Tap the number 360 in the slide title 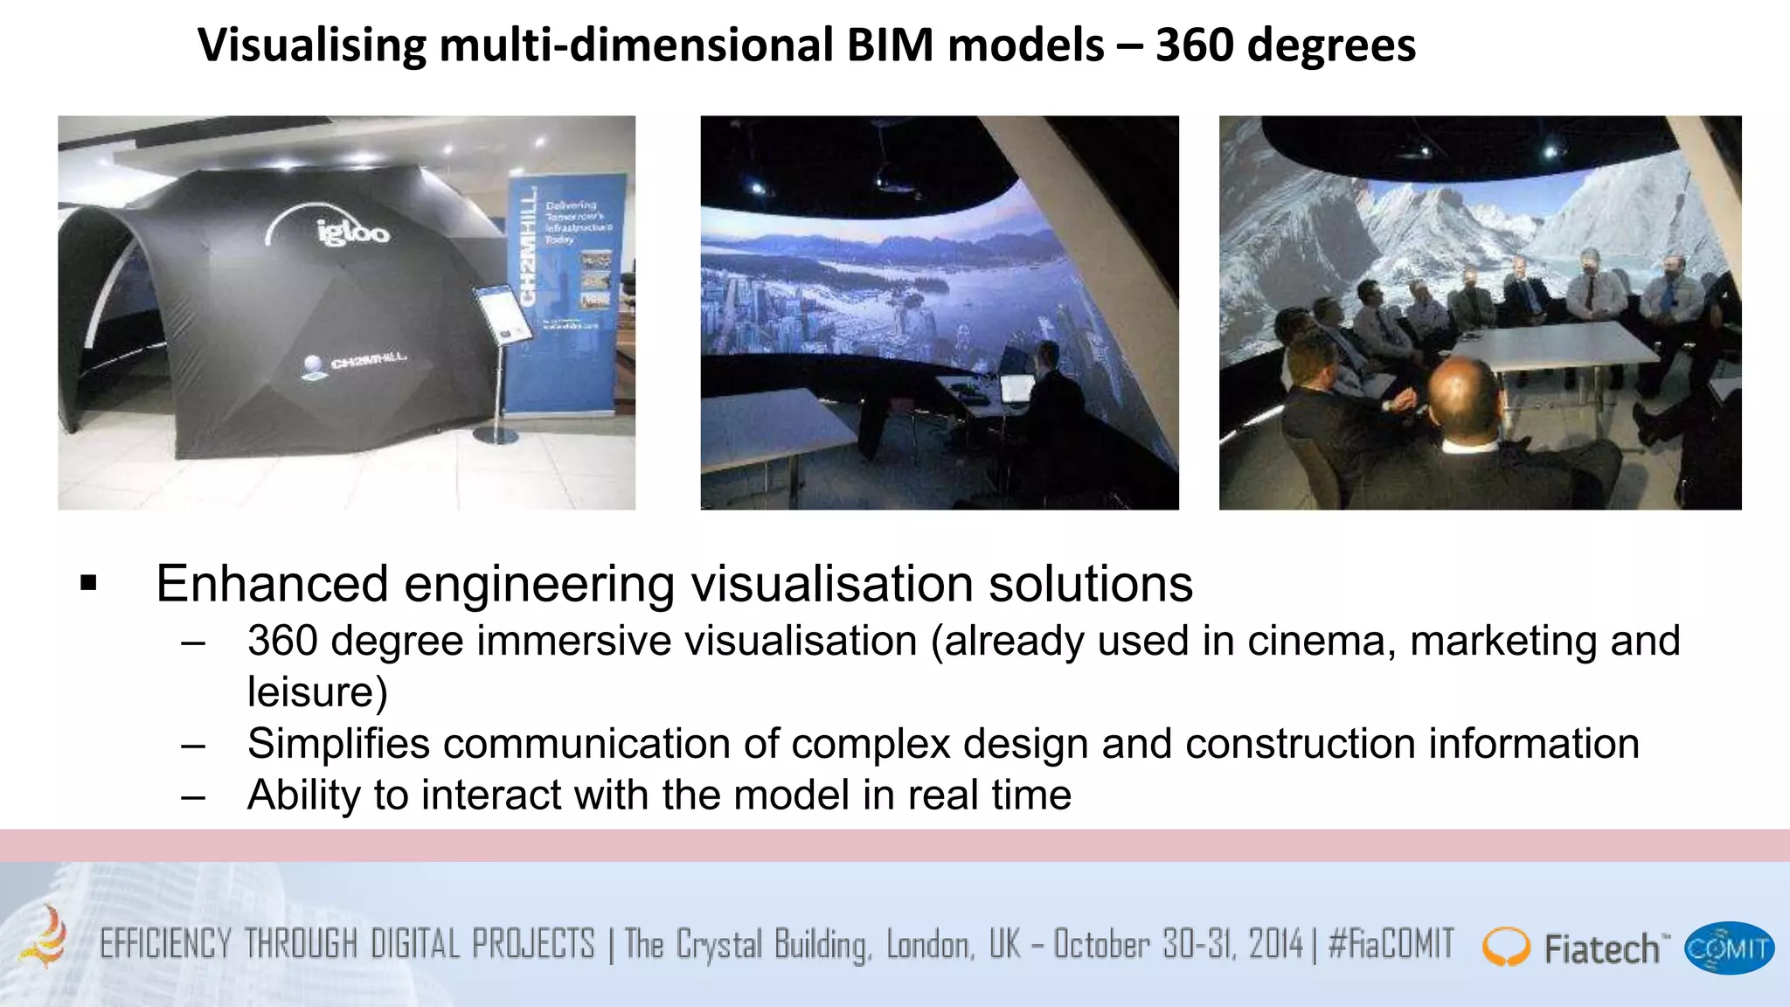[x=1194, y=45]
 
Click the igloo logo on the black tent [x=351, y=231]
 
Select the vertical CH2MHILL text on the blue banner [x=528, y=249]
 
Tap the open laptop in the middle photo [x=1016, y=388]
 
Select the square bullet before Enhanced [x=88, y=583]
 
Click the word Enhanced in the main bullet [x=272, y=583]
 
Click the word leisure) [x=317, y=692]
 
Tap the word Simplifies [x=338, y=744]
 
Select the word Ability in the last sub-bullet [x=303, y=795]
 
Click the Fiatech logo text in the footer [x=1601, y=948]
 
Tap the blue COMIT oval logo [x=1729, y=948]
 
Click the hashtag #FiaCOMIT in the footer [x=1391, y=945]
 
